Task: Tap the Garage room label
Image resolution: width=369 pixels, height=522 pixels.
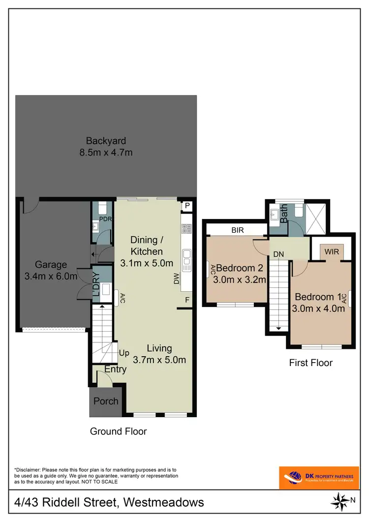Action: coord(51,271)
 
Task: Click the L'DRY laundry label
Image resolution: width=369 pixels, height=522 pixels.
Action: coord(96,283)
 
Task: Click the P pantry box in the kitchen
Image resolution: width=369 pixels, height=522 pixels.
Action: coord(187,206)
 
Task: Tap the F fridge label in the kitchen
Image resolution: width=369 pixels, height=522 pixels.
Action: coord(187,300)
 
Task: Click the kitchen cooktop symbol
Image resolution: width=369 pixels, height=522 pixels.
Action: coord(186,229)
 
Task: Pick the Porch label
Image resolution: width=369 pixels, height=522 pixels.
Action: coord(106,401)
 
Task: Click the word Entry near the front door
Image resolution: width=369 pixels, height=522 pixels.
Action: coord(115,369)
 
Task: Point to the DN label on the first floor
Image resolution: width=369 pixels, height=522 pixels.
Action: coord(278,254)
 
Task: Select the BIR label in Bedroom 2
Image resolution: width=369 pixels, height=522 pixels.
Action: coord(236,229)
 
